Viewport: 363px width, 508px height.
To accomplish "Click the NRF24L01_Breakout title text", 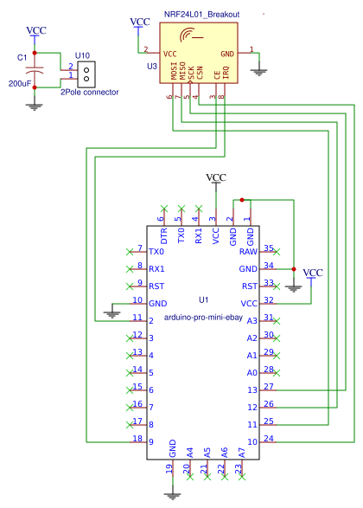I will (201, 15).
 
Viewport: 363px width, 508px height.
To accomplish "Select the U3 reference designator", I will (151, 66).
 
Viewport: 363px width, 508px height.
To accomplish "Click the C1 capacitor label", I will (22, 57).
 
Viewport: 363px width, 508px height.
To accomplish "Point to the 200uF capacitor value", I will (20, 83).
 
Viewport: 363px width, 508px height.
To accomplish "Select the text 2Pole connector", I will (90, 92).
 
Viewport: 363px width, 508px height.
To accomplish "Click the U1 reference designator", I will (203, 300).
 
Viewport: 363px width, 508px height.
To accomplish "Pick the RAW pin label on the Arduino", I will (249, 251).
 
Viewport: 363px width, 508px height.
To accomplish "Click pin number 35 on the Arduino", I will (269, 248).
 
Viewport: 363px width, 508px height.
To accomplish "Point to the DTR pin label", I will (163, 235).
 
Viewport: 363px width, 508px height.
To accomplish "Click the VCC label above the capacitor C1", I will (36, 31).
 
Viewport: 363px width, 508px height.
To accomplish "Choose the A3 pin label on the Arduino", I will (251, 320).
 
